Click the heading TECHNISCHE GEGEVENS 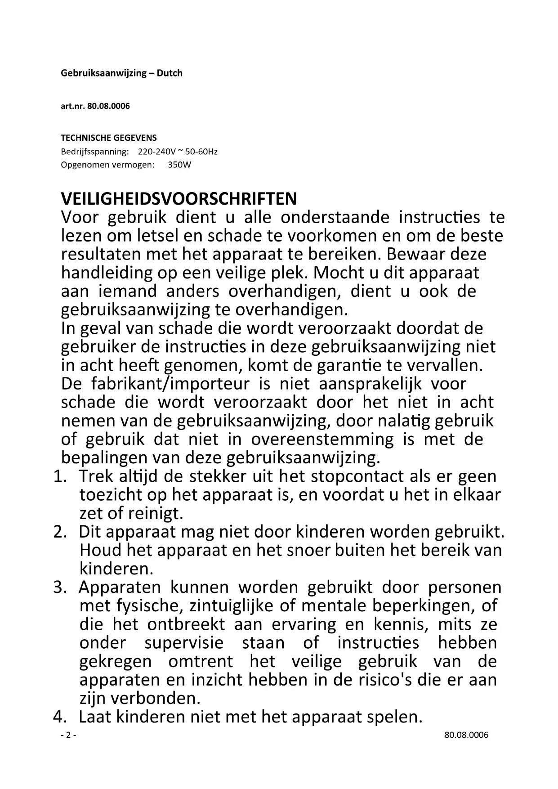(x=109, y=138)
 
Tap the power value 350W (x=179, y=165)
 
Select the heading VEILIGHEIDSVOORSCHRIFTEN (x=179, y=198)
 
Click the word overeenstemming (x=322, y=439)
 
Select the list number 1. (x=59, y=476)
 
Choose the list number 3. (x=59, y=587)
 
